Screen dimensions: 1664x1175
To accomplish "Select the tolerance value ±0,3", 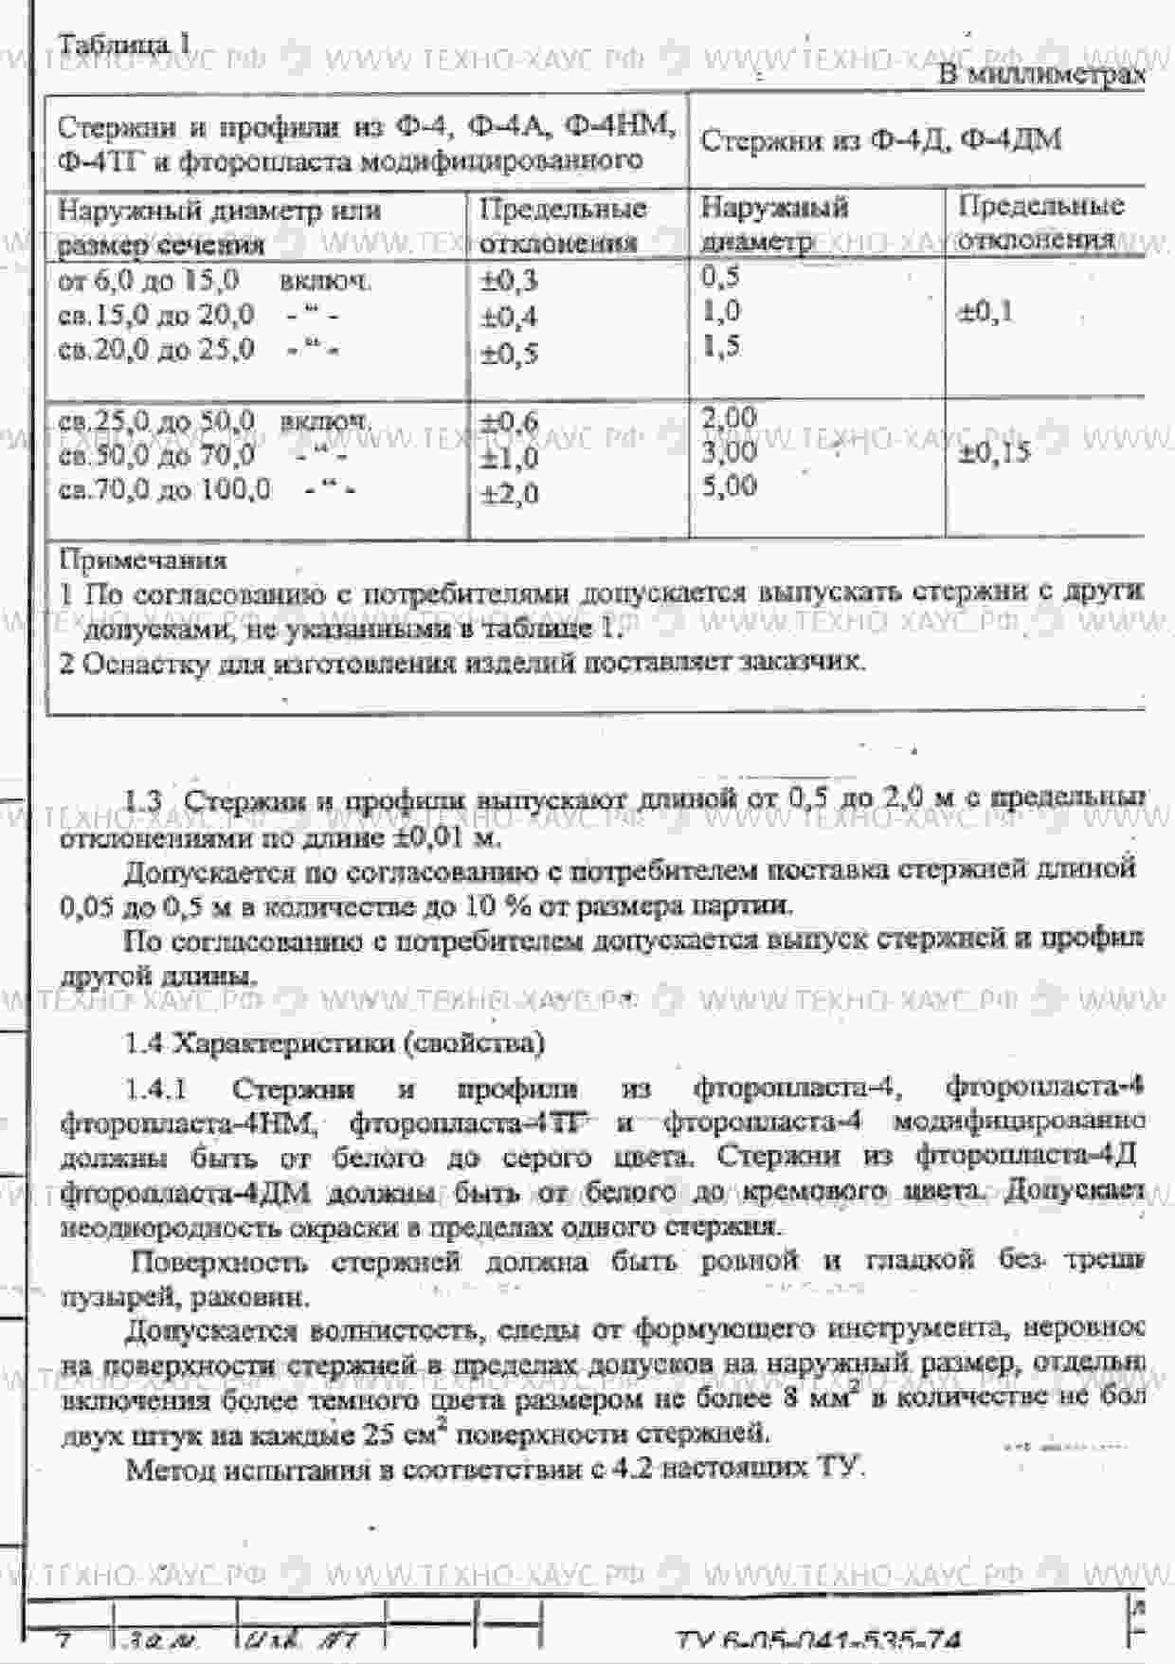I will pos(509,281).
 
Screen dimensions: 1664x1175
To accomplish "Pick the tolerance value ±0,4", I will pos(509,317).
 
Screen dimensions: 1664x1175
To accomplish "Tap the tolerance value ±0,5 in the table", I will pos(509,354).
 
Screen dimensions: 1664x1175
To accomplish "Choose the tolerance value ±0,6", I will pos(509,422).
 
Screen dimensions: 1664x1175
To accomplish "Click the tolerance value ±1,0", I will pos(509,458).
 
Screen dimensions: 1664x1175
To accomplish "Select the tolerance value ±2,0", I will pos(509,494).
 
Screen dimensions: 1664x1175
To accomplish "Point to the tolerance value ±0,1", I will pos(985,312).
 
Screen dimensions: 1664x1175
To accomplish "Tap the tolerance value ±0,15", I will pos(993,452).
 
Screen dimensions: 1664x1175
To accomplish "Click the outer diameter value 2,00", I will pos(729,417).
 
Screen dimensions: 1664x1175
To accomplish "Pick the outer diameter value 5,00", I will pos(729,486).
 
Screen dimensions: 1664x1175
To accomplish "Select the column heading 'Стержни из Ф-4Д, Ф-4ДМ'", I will pos(880,141).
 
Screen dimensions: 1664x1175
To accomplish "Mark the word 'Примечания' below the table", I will pos(143,560).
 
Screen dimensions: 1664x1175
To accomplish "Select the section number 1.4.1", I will pos(156,1089).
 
